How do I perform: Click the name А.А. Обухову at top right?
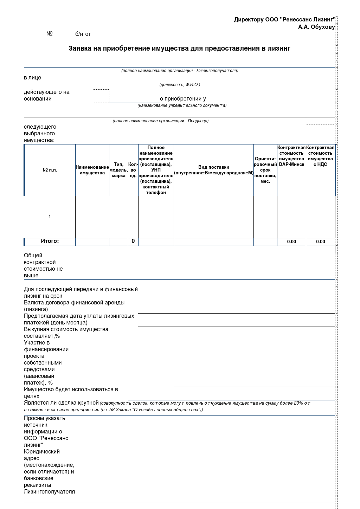pos(316,27)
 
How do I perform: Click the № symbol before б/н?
pos(50,34)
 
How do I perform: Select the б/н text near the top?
pos(79,34)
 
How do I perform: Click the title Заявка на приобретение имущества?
pos(179,48)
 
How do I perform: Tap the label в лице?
pos(32,78)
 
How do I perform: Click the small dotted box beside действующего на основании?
pos(101,96)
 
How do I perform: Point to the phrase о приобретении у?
pos(183,99)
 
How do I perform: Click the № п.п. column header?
pos(50,170)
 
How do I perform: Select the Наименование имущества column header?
pos(92,170)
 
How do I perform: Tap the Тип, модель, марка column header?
pos(118,170)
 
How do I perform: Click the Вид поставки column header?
pos(213,170)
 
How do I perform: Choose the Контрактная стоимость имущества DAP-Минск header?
pos(291,156)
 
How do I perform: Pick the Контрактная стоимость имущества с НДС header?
pos(320,156)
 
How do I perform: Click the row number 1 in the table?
pos(50,217)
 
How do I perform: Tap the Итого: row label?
pos(50,241)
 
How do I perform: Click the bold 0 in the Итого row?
pos(133,241)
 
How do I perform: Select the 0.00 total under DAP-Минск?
pos(291,242)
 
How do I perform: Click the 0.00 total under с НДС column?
pos(320,242)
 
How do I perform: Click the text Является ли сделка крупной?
pos(61,403)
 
